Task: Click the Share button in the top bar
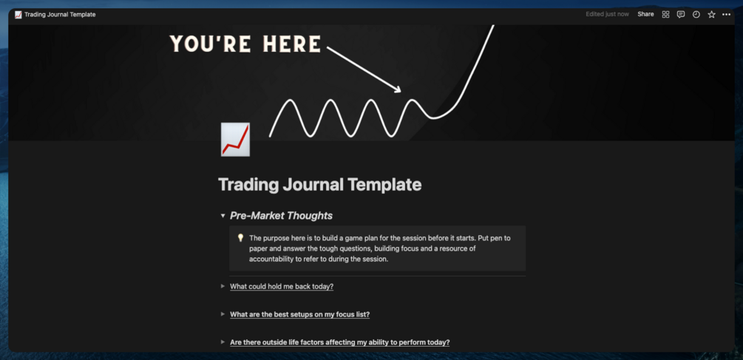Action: coord(645,14)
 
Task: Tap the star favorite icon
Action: coord(711,14)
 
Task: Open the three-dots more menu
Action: coord(727,14)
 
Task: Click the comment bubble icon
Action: coord(681,14)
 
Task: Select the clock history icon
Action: coord(696,14)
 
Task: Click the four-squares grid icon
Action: coord(665,14)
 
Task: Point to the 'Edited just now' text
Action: coord(607,14)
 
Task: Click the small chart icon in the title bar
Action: coord(18,14)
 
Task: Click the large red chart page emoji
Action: coord(235,140)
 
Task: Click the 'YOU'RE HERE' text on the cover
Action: coord(245,44)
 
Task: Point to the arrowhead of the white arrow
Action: coord(398,89)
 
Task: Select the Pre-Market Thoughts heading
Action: coord(281,216)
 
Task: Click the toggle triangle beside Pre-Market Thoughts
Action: coord(223,216)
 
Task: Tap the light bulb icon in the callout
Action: coord(240,238)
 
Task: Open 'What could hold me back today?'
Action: coord(281,286)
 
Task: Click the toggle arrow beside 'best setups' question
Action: coord(223,314)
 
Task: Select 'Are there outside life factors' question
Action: coord(339,342)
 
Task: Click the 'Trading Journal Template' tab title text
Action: coord(60,14)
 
